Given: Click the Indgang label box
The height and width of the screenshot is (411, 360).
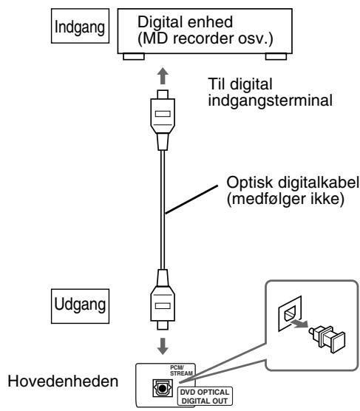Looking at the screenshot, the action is click(80, 26).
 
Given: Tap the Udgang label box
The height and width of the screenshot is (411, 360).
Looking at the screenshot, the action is click(80, 306).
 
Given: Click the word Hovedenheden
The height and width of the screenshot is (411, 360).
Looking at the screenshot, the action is click(63, 381).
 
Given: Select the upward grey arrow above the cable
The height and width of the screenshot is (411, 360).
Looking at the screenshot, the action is click(163, 75).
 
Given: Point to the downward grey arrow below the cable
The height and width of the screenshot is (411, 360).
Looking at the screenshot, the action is click(163, 346).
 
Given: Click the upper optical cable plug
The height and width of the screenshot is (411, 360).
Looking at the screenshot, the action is click(163, 120).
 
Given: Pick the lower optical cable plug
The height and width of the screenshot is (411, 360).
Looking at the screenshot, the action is click(163, 299).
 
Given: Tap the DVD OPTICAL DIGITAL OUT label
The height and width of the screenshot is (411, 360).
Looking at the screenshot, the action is click(205, 396).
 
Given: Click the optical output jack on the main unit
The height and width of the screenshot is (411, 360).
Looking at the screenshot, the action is click(163, 388).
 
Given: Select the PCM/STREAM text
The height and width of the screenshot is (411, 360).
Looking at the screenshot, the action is click(181, 370).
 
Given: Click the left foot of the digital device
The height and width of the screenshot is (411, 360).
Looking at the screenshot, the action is click(134, 57).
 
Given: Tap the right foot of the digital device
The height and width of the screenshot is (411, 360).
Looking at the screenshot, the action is click(276, 57).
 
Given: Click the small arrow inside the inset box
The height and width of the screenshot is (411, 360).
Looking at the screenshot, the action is click(299, 324).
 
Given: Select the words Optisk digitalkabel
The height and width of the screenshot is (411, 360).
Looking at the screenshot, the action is click(293, 183).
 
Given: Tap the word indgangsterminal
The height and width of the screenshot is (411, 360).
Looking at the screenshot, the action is click(270, 101).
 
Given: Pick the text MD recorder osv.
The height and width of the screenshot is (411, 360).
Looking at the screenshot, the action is click(206, 38).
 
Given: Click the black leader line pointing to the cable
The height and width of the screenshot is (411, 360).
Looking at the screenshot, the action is click(191, 200).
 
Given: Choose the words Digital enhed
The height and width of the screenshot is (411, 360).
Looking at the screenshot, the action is click(185, 21).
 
